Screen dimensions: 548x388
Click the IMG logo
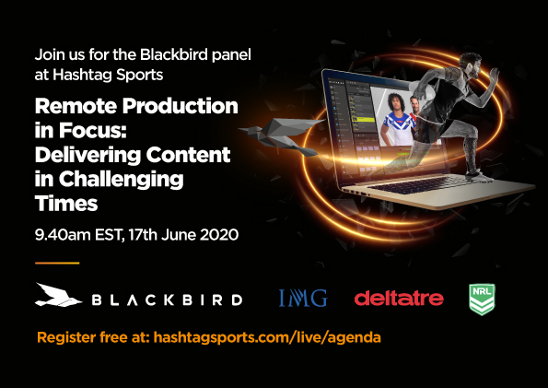pos(303,298)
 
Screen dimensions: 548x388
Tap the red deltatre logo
pos(399,298)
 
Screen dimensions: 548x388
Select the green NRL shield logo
pos(482,300)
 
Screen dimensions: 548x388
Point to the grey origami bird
pos(280,135)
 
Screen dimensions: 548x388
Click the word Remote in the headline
pos(76,106)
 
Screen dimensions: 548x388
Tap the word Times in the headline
pos(66,204)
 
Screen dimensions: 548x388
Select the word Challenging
pos(121,181)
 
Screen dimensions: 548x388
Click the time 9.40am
pos(63,234)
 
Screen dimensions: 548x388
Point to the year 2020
pos(219,234)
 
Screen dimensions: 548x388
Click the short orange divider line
pos(57,263)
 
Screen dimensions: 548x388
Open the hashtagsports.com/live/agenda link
pos(267,337)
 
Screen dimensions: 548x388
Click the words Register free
pos(82,337)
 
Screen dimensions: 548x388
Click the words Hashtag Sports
pos(108,75)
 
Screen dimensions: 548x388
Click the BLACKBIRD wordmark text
pos(167,300)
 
